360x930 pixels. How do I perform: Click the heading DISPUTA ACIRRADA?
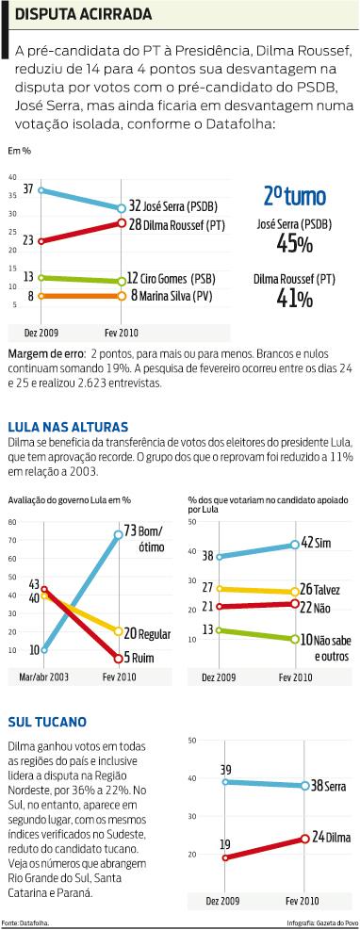coord(82,14)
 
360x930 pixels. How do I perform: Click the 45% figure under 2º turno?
coord(294,244)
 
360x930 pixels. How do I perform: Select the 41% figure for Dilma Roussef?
coord(294,299)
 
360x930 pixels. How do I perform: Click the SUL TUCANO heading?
coord(46,721)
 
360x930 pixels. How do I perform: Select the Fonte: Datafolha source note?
coord(25,922)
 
